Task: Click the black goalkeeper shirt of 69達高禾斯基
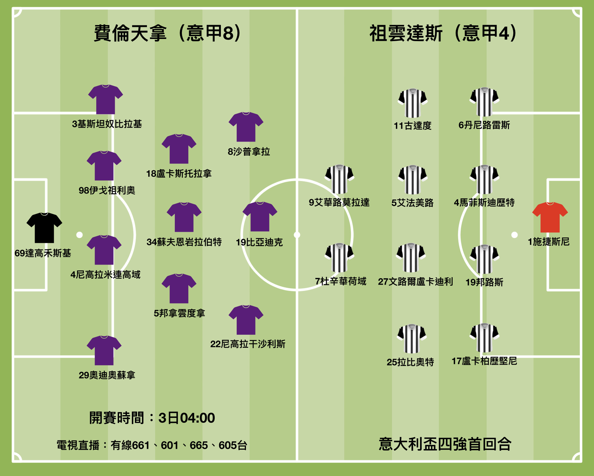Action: tap(44, 228)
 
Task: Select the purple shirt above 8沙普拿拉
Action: tap(246, 127)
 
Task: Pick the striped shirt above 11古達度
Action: tap(412, 103)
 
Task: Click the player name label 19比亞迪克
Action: tap(259, 242)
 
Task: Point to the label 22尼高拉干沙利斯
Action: tap(247, 344)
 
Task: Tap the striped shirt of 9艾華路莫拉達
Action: tap(339, 180)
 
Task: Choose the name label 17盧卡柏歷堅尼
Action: tap(484, 361)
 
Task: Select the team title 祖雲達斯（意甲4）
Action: tap(443, 33)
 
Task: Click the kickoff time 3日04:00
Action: tap(187, 418)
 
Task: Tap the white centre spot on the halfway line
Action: tap(297, 235)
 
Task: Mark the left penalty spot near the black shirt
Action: tap(80, 235)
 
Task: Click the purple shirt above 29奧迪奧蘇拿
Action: tap(104, 351)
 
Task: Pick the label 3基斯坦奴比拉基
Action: tap(107, 124)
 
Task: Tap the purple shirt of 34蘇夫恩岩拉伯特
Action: tap(184, 217)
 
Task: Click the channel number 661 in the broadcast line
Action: tap(141, 445)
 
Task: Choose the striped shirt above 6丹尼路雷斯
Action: tap(484, 102)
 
